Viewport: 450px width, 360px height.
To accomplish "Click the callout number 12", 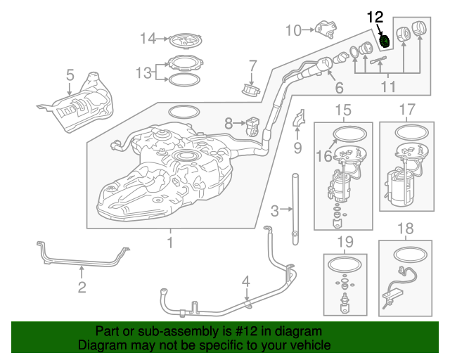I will (375, 16).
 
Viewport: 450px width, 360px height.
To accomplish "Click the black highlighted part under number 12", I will (385, 41).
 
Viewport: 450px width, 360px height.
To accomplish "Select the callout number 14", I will (147, 38).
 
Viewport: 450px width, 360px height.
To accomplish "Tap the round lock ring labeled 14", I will (186, 39).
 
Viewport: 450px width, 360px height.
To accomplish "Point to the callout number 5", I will (70, 75).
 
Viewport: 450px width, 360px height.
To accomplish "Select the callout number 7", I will (252, 67).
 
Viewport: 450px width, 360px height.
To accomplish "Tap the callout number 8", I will (228, 123).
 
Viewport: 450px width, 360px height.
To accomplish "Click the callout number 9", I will (297, 148).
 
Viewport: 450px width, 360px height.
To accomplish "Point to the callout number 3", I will (275, 209).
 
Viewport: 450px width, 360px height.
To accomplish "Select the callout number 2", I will (82, 286).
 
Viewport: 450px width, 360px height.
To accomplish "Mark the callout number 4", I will (245, 283).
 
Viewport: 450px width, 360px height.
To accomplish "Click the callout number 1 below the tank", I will (169, 243).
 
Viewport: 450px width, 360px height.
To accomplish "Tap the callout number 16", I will (323, 157).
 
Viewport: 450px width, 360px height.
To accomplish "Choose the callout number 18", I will (406, 229).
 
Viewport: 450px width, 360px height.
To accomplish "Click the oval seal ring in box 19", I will (345, 263).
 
